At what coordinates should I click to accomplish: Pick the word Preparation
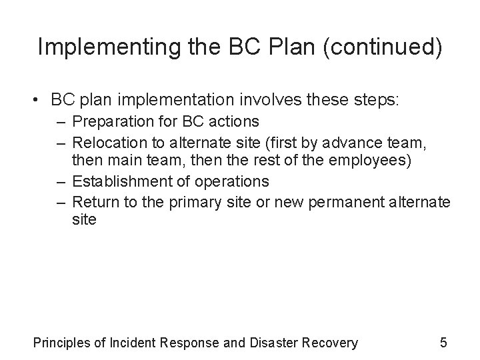click(x=110, y=123)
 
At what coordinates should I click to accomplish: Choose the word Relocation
click(x=107, y=142)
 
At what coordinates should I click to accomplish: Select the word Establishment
click(x=118, y=181)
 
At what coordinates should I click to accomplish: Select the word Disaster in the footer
click(x=275, y=343)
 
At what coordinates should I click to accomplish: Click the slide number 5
click(x=443, y=343)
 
